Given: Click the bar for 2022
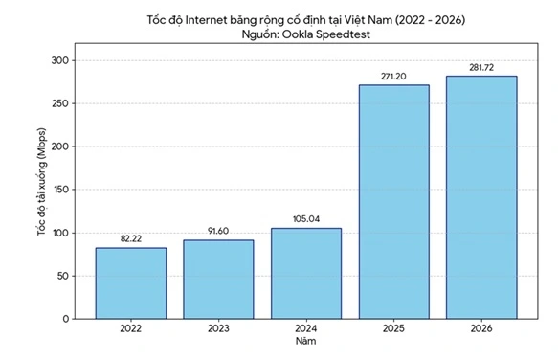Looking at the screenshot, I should [x=131, y=283].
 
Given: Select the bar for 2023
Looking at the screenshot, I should [x=218, y=280].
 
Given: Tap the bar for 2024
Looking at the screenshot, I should [x=306, y=274].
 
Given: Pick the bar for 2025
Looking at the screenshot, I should [x=394, y=202].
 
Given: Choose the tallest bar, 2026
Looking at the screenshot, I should [x=481, y=197].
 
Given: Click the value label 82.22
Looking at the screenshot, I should [x=131, y=239].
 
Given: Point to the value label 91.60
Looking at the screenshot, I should [x=218, y=231].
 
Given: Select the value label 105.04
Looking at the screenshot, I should [x=306, y=219].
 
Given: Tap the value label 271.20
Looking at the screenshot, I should [x=394, y=76].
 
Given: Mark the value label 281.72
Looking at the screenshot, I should [x=481, y=67].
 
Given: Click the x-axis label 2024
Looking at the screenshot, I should [x=306, y=328].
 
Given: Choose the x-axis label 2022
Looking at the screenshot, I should [x=131, y=328].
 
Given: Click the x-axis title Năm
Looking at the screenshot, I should [x=306, y=341].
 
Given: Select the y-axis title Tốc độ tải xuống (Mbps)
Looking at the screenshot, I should [x=41, y=190].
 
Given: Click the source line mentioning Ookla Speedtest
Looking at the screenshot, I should [x=306, y=34].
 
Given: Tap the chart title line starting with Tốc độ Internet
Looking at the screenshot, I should [x=306, y=18].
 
